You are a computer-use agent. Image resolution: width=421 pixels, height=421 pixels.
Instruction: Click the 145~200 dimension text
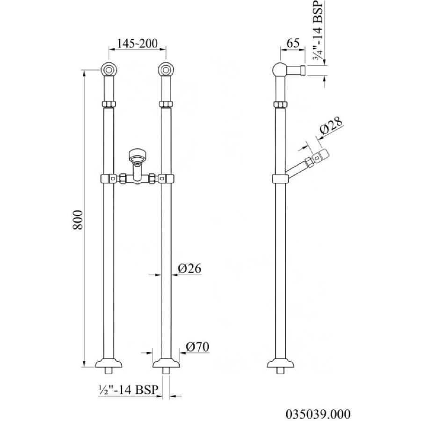pyautogui.click(x=137, y=44)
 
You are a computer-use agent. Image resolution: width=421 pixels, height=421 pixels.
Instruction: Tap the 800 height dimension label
pyautogui.click(x=78, y=220)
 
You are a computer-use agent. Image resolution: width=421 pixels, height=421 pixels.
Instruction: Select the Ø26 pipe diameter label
pyautogui.click(x=189, y=268)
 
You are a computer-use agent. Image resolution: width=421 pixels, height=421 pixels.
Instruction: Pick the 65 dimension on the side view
pyautogui.click(x=293, y=43)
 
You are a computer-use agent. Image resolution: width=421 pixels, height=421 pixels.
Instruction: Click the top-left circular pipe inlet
pyautogui.click(x=109, y=70)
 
